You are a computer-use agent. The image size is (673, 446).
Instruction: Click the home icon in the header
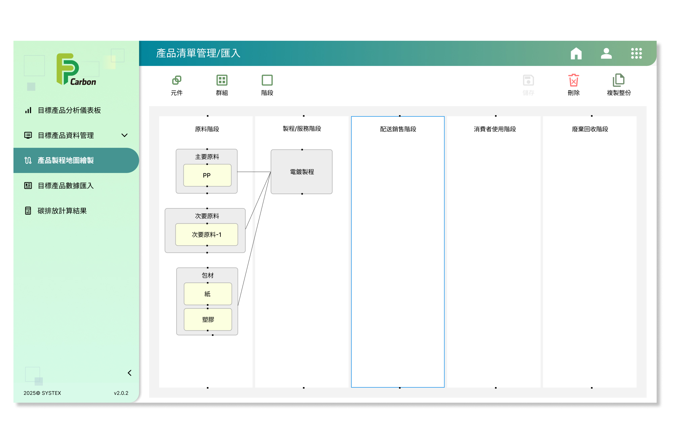point(576,53)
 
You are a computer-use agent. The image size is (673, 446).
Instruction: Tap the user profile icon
point(606,53)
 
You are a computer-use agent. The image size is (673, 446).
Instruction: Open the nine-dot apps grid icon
point(636,53)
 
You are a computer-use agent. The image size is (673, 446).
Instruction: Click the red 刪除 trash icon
point(574,80)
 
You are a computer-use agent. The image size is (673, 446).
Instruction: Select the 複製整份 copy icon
point(618,80)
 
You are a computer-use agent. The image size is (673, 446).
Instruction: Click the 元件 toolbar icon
point(177,80)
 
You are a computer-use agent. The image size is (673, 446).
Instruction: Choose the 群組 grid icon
point(222,80)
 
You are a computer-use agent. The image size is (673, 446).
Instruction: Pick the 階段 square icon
point(267,80)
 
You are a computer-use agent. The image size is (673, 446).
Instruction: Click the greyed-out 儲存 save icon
point(528,80)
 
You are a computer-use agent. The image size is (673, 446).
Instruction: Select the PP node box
point(207,175)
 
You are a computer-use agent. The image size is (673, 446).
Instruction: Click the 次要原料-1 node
point(207,235)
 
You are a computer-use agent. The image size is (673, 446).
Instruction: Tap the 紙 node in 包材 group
point(208,294)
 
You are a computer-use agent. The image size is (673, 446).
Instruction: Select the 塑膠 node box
point(208,319)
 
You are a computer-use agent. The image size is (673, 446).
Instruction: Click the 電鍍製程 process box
point(302,172)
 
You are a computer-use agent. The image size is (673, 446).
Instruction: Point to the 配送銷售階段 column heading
point(398,129)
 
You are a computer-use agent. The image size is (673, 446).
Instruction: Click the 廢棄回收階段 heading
point(590,129)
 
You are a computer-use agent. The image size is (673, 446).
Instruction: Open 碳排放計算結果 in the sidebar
point(62,211)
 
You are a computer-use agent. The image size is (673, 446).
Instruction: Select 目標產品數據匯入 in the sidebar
point(66,185)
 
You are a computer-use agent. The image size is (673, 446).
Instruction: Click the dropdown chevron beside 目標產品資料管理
point(125,135)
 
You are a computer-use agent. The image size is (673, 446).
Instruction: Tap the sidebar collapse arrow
point(130,373)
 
